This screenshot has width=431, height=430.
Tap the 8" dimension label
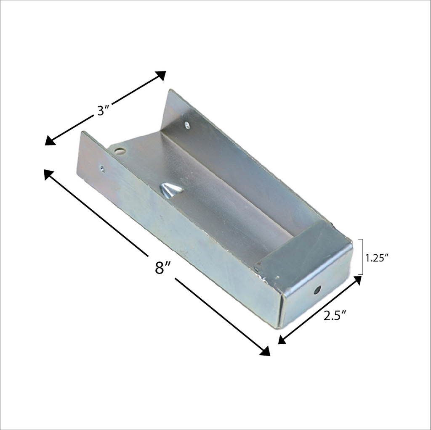(x=162, y=267)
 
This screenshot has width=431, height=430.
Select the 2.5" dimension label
(x=335, y=316)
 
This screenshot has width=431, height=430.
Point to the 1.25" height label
(x=376, y=258)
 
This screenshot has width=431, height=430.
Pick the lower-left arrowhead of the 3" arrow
(x=50, y=140)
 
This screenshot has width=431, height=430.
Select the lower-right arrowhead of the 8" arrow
(x=265, y=351)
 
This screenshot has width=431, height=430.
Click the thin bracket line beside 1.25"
(x=362, y=256)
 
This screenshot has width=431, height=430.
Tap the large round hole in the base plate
(x=120, y=151)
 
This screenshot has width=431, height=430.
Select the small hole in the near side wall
(x=102, y=169)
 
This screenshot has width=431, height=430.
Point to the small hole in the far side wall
(x=187, y=125)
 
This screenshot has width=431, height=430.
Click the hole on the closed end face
(x=317, y=290)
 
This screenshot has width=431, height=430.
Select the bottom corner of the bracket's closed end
(x=279, y=327)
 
